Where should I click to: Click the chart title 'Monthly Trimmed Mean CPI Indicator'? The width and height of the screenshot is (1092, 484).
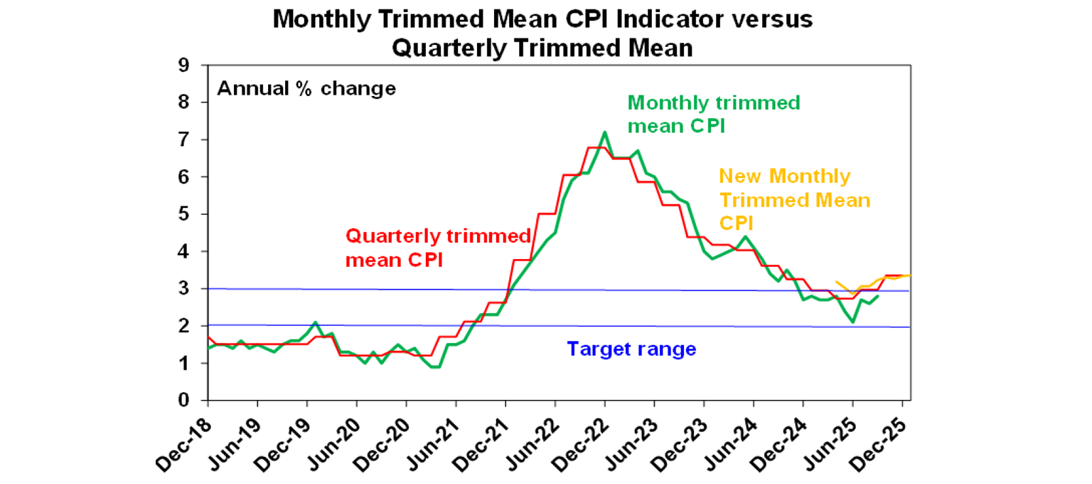click(x=542, y=19)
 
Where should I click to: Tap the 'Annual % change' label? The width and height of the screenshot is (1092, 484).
click(x=306, y=89)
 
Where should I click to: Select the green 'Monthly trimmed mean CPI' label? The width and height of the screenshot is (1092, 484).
click(x=713, y=115)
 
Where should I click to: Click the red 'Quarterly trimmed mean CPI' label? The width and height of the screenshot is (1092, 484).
click(x=438, y=248)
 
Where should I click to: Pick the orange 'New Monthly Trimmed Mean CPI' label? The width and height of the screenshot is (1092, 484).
click(x=794, y=199)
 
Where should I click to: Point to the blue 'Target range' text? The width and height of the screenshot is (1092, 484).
click(x=631, y=349)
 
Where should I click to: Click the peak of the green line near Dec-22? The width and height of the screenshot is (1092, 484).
click(x=604, y=132)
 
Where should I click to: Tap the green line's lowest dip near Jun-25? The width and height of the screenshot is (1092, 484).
click(x=852, y=322)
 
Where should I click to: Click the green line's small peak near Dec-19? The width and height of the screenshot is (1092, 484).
click(x=315, y=322)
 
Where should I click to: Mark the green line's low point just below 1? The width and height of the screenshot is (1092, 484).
click(x=437, y=367)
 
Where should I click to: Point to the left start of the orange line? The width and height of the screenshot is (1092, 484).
click(x=836, y=282)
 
